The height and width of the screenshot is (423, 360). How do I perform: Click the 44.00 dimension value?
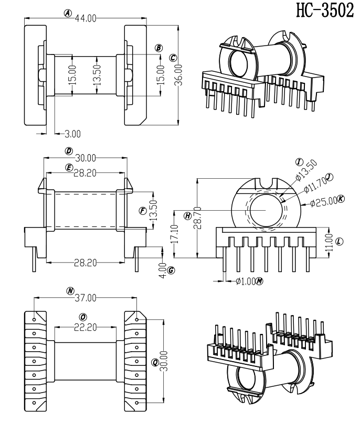(86, 18)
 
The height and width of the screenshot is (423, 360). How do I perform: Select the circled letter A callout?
(68, 14)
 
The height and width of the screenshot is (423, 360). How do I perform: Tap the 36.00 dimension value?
(178, 75)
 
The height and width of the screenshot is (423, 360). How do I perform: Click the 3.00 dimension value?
(72, 134)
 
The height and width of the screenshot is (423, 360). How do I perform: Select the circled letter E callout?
(69, 167)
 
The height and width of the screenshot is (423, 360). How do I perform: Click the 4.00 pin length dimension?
(162, 270)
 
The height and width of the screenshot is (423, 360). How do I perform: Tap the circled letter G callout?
(171, 270)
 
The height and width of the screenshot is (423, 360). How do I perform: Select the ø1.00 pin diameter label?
(245, 281)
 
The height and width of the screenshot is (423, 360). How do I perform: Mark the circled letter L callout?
(338, 241)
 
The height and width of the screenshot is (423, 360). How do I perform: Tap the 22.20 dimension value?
(84, 327)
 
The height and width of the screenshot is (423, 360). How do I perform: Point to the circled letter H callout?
(188, 215)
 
